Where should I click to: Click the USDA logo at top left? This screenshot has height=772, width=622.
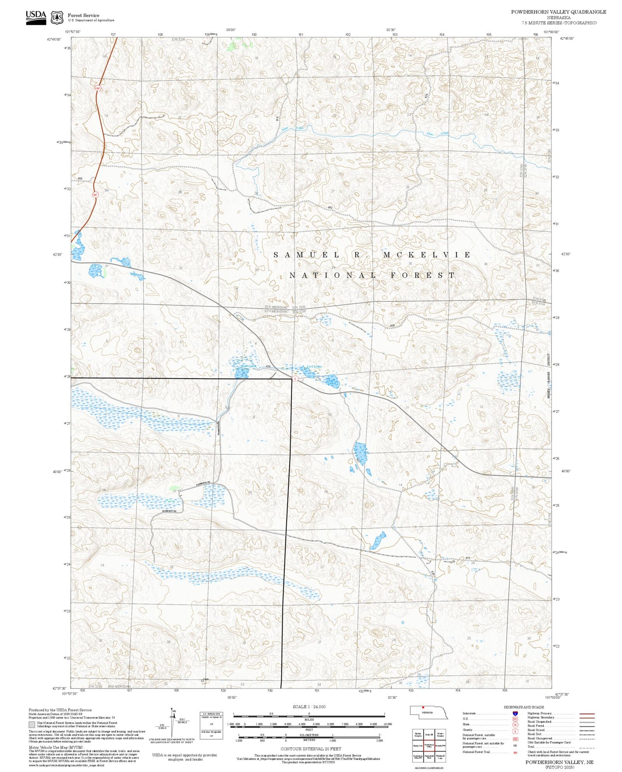36,17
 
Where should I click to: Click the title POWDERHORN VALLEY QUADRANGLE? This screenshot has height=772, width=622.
558,12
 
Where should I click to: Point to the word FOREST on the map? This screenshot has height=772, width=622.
423,275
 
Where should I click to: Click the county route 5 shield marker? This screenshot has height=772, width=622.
295,379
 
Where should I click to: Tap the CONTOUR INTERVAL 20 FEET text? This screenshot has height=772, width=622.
310,749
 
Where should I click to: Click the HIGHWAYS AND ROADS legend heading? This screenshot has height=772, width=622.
523,707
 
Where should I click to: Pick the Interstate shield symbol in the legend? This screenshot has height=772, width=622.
515,713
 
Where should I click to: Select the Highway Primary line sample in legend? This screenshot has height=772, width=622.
587,713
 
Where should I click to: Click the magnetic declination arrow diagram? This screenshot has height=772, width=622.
173,723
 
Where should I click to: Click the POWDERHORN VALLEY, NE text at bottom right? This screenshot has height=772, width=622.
559,762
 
